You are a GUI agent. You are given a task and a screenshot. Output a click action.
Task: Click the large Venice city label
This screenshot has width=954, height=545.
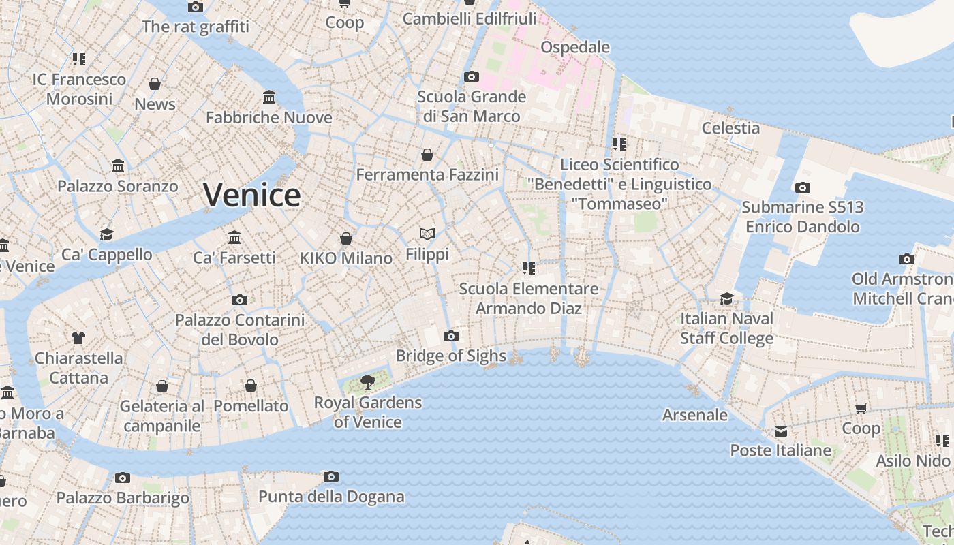252,196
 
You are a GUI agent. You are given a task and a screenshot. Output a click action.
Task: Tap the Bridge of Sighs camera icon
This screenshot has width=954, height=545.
450,336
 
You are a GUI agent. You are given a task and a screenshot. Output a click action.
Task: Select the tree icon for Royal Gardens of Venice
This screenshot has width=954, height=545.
368,382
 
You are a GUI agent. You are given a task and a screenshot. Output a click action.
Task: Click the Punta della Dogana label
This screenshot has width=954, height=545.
331,497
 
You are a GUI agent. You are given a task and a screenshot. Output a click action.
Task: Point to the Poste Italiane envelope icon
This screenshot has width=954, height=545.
780,431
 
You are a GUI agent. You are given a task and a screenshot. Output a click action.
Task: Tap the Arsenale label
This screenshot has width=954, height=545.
695,415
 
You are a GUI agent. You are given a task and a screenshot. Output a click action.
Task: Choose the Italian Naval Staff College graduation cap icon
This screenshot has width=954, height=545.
726,299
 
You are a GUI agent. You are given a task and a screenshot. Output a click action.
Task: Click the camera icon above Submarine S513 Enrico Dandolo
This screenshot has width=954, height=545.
802,187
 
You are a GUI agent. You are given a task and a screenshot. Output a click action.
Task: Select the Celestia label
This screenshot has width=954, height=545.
730,128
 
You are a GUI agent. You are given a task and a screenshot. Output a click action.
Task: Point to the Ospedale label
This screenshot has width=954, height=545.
575,47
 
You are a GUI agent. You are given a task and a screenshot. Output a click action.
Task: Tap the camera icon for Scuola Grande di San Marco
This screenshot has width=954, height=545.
471,76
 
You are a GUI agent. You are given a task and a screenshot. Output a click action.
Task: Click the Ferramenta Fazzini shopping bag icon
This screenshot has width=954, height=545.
427,155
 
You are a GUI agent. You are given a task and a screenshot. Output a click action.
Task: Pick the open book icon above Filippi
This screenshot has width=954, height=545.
427,234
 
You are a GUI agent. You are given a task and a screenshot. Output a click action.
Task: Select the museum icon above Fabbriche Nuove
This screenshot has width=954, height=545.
269,97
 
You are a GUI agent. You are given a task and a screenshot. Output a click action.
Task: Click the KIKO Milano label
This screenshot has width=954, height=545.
346,258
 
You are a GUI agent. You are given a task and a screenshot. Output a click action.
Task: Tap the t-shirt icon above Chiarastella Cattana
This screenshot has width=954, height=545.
78,337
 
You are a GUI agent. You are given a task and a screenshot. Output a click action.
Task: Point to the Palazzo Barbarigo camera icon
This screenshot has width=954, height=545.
123,478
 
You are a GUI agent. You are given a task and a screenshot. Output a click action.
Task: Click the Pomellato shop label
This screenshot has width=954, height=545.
251,406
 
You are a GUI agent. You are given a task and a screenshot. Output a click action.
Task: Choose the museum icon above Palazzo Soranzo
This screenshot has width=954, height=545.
118,166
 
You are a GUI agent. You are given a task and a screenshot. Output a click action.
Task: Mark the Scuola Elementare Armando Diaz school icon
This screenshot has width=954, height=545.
528,268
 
